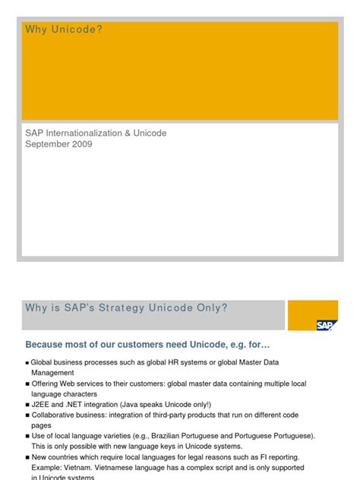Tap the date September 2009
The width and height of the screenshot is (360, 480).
59,144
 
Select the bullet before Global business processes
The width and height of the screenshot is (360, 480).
27,363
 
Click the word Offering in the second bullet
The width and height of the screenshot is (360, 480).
46,384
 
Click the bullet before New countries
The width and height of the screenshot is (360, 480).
27,458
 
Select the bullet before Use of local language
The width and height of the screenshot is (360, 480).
27,437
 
